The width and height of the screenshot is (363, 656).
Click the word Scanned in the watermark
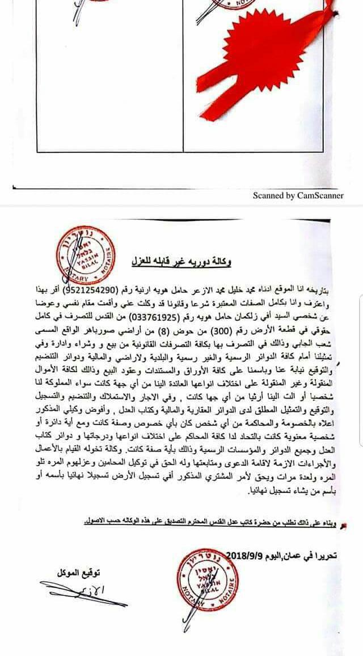(269, 195)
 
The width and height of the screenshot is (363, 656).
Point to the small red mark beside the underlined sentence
(340, 525)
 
